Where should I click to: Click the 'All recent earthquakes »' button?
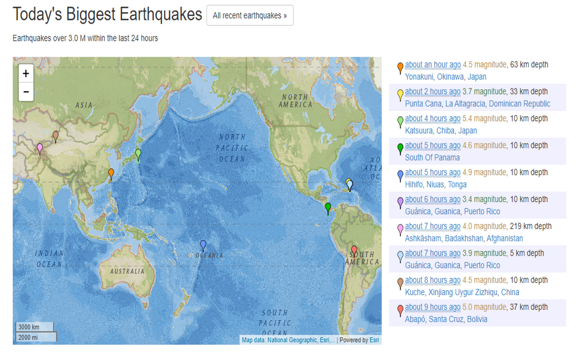250,16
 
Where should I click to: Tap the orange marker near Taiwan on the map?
111,174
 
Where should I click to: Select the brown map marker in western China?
55,136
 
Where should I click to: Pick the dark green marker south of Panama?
328,207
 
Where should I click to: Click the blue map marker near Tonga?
203,245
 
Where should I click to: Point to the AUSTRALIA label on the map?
127,271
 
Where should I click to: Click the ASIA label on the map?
84,105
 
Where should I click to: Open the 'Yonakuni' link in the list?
419,77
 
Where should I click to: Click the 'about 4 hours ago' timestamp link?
432,118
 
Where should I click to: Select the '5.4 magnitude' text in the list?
484,118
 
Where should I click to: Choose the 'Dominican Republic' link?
519,104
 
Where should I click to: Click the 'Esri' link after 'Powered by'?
374,340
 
